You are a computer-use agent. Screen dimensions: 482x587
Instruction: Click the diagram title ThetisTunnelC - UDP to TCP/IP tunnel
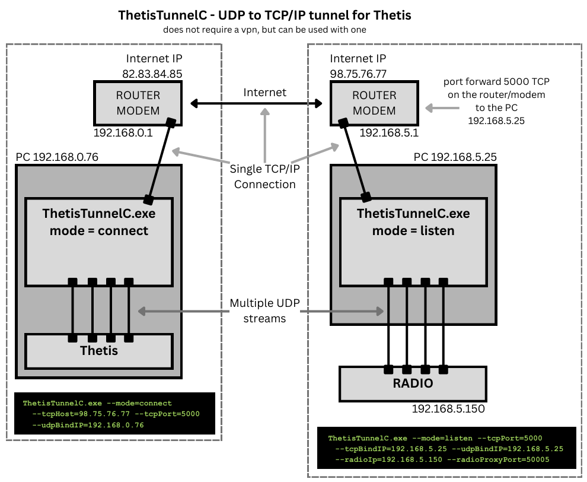[265, 15]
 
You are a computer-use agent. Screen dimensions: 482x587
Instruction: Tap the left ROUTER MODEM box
[138, 102]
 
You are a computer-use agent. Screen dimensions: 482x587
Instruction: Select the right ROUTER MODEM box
[374, 102]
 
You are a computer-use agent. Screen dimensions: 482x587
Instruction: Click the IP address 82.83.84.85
[151, 74]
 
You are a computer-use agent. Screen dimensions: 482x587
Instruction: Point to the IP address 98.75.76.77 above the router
[358, 74]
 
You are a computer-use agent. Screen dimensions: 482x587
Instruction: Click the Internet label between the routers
[264, 92]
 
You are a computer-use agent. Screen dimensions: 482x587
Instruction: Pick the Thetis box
[98, 350]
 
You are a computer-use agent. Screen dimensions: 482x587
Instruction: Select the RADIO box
[412, 383]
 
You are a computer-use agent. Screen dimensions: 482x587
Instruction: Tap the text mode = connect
[99, 230]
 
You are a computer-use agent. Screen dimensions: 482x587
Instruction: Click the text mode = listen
[413, 230]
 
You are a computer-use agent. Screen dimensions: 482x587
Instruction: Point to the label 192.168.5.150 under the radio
[448, 409]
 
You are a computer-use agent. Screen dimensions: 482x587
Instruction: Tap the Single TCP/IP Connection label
[264, 177]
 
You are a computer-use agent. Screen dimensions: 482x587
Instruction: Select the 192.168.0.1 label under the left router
[123, 133]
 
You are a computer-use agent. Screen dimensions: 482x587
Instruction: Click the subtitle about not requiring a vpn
[264, 29]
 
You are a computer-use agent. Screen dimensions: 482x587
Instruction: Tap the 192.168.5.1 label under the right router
[389, 133]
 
